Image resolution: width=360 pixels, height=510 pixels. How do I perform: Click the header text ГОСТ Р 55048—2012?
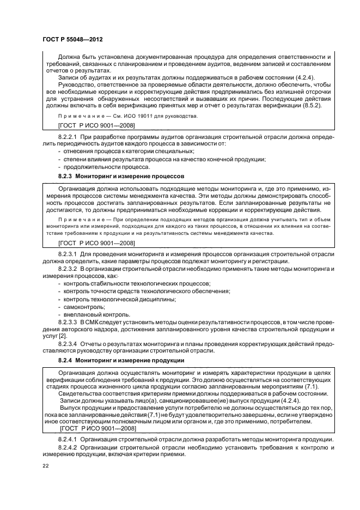pos(72,40)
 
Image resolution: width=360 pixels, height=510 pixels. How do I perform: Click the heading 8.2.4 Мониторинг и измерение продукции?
pos(121,360)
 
